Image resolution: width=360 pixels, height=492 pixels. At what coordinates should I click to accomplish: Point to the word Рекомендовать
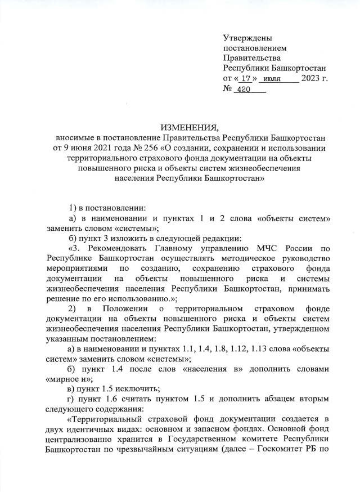tap(111, 248)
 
